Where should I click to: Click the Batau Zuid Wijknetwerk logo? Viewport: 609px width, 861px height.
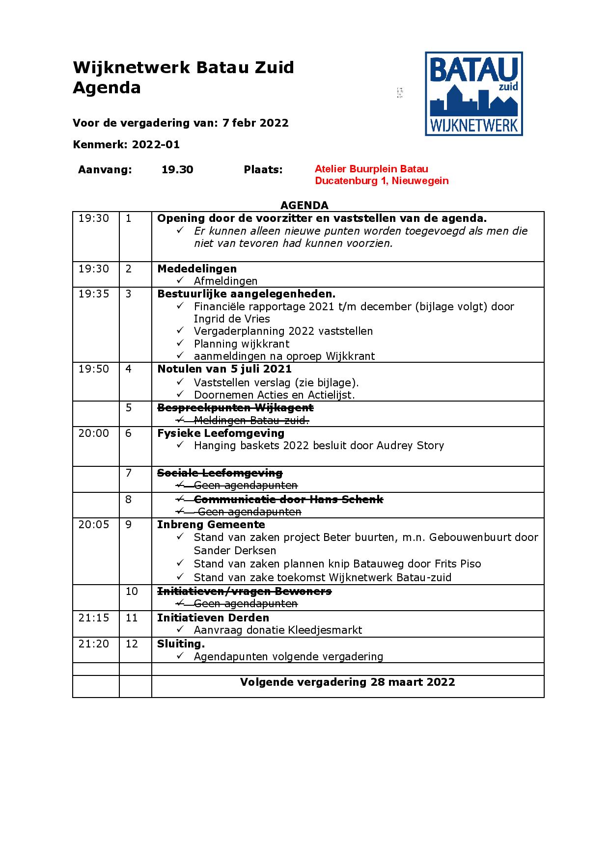click(473, 94)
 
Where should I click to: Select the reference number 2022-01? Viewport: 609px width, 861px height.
click(156, 144)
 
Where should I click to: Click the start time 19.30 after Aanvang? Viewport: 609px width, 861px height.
click(177, 170)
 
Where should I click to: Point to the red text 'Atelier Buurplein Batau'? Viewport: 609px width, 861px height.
click(371, 169)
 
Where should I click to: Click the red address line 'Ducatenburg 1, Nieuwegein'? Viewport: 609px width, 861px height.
click(382, 181)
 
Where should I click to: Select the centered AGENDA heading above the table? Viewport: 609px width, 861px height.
click(304, 205)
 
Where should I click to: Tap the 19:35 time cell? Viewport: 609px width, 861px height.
click(93, 294)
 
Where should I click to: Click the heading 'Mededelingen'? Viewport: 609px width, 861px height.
click(197, 269)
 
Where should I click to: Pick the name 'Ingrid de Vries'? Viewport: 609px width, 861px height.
click(232, 319)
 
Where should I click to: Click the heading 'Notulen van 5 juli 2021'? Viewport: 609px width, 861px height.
click(224, 369)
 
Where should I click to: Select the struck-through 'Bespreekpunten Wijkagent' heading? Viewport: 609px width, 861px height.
click(235, 407)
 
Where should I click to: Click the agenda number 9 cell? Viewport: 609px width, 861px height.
click(129, 524)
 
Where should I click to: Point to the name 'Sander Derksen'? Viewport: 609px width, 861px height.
click(235, 550)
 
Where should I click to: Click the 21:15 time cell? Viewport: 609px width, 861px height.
click(93, 618)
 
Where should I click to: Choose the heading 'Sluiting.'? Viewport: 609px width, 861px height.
click(181, 644)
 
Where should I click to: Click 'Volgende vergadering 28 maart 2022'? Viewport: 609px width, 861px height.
click(347, 682)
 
